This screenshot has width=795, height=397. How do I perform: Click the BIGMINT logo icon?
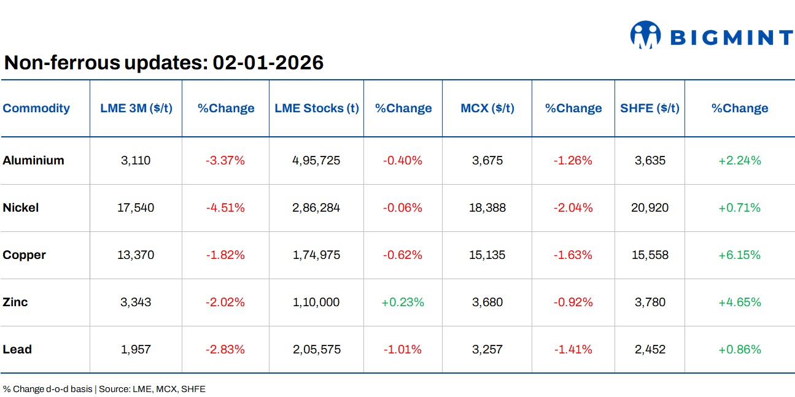(x=645, y=35)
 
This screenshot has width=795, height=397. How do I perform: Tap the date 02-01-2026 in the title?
(x=268, y=63)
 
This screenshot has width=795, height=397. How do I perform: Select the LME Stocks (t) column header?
(x=316, y=109)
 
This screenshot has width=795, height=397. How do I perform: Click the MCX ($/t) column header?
(x=487, y=109)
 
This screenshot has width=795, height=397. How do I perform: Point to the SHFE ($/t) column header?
(x=650, y=109)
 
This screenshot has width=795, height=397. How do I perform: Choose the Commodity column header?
(x=36, y=109)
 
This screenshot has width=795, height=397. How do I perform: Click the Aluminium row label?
(x=33, y=161)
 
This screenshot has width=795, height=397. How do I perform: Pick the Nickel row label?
(x=20, y=208)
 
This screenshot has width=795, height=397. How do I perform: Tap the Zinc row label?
(x=15, y=302)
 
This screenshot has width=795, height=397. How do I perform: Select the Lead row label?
(x=17, y=349)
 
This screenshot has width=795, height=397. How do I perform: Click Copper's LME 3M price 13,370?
(x=136, y=255)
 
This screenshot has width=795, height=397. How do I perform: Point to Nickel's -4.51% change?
(x=225, y=208)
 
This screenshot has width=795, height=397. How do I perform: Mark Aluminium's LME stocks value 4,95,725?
(x=316, y=161)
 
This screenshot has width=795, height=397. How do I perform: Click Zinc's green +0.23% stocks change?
(x=403, y=302)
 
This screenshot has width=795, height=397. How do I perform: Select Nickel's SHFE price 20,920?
(x=650, y=208)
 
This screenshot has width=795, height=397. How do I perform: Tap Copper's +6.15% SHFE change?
(x=739, y=255)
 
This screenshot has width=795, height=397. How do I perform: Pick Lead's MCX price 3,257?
(x=487, y=349)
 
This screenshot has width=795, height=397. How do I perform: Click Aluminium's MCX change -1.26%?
(x=573, y=161)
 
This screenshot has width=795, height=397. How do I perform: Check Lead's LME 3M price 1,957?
(x=136, y=349)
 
